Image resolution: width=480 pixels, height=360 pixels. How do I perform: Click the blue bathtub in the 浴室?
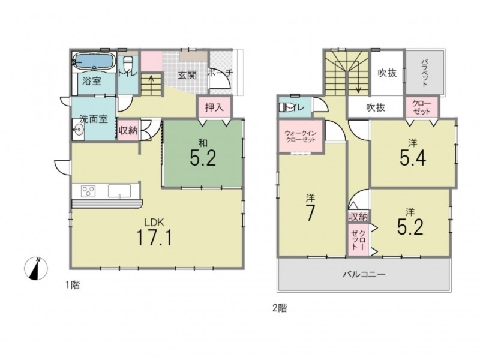coord(94,62)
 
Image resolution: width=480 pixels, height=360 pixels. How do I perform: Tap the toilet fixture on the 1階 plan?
coord(127,65)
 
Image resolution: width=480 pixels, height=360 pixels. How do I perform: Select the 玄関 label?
coord(187,75)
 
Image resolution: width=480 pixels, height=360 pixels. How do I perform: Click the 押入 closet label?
coord(214,107)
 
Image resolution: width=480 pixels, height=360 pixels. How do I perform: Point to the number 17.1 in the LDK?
coord(154,238)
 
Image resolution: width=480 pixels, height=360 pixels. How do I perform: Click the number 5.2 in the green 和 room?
coord(203,158)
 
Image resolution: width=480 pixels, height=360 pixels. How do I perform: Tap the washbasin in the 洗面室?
coord(79,130)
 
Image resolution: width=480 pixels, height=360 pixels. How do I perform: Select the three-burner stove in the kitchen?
coord(88,191)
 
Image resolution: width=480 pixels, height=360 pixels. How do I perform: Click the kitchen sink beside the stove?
coord(119,191)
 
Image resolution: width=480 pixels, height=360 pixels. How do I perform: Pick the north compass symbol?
coord(36,269)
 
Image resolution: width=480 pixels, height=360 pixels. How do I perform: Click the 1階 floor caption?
coord(73,286)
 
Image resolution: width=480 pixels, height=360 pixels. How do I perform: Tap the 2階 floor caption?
coord(280,308)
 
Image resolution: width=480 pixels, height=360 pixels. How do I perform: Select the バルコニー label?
coord(364,274)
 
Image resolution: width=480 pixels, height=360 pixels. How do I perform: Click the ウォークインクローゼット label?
coord(301,137)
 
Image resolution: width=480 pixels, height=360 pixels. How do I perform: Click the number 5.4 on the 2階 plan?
coord(413,158)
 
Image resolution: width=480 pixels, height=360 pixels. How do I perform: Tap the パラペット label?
coord(424,73)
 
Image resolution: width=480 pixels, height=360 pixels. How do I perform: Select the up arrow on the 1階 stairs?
coord(151,83)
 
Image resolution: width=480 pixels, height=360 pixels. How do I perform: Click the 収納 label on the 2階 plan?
coord(358,217)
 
